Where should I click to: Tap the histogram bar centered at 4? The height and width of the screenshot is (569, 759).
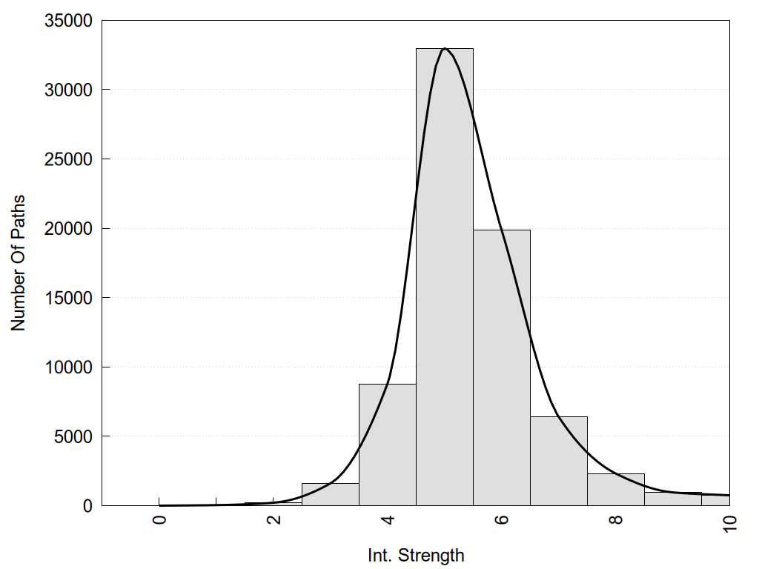pos(387,445)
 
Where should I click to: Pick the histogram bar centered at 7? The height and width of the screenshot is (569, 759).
pos(558,461)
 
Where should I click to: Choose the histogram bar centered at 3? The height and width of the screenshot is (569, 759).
pos(330,494)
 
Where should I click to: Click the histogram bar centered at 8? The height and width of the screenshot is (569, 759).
pos(615,490)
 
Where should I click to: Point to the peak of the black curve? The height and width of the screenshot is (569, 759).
pos(444,49)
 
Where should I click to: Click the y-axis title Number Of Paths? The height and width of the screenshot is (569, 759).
pos(19,263)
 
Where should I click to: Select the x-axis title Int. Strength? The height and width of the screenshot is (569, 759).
pos(416,555)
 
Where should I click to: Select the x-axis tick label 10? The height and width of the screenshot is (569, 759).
pos(729,523)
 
